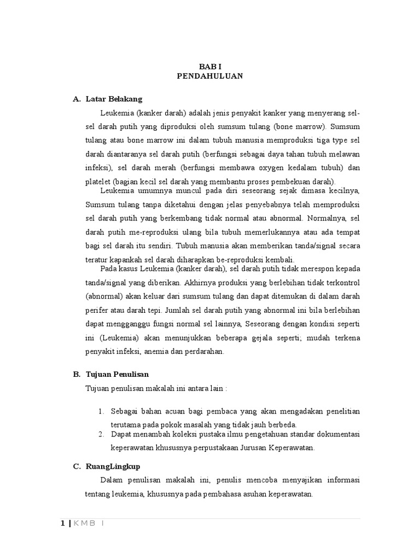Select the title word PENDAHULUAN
210,77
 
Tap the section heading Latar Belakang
114,99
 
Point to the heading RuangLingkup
113,466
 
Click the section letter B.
76,374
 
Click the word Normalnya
320,218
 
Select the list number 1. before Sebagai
101,411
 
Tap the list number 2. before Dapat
101,434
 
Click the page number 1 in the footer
63,523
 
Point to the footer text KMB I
88,523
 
